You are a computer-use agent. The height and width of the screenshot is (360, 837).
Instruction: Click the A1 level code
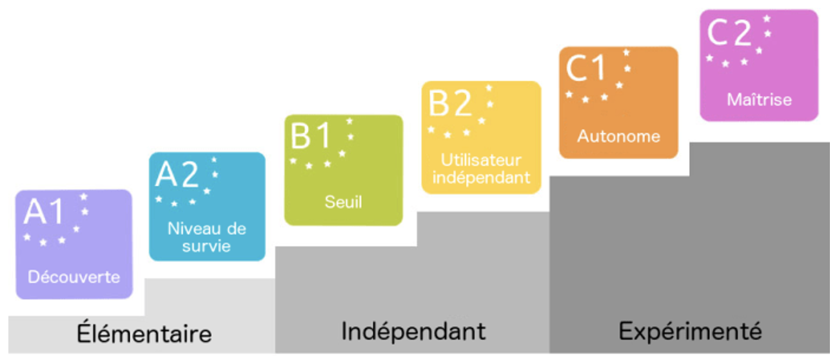(44, 212)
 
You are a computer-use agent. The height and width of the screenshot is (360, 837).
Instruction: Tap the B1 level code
(311, 136)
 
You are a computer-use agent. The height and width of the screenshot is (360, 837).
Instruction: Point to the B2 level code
(450, 103)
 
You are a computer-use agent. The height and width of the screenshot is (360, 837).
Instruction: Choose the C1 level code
(586, 68)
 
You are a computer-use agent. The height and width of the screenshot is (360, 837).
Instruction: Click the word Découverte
(74, 277)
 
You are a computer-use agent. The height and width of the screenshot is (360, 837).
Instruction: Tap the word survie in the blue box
(206, 246)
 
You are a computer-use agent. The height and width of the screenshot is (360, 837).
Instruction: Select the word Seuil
(343, 202)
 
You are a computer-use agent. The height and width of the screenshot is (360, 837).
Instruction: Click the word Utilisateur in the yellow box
(480, 160)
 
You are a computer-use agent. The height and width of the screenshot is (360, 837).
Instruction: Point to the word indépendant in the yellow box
(481, 177)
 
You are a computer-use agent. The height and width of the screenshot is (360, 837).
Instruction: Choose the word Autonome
(618, 137)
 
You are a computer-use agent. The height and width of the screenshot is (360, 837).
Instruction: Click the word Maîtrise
(759, 100)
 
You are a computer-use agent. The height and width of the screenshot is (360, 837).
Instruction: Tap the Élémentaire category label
(144, 334)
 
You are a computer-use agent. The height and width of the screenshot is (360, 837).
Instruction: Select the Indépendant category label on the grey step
(413, 332)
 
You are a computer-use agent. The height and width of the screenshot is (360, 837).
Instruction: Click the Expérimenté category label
(689, 332)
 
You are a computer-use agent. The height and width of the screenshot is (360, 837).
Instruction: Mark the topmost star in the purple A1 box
(84, 197)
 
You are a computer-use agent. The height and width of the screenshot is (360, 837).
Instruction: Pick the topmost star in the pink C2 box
(767, 18)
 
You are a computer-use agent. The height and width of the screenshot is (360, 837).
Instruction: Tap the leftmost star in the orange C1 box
(569, 94)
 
